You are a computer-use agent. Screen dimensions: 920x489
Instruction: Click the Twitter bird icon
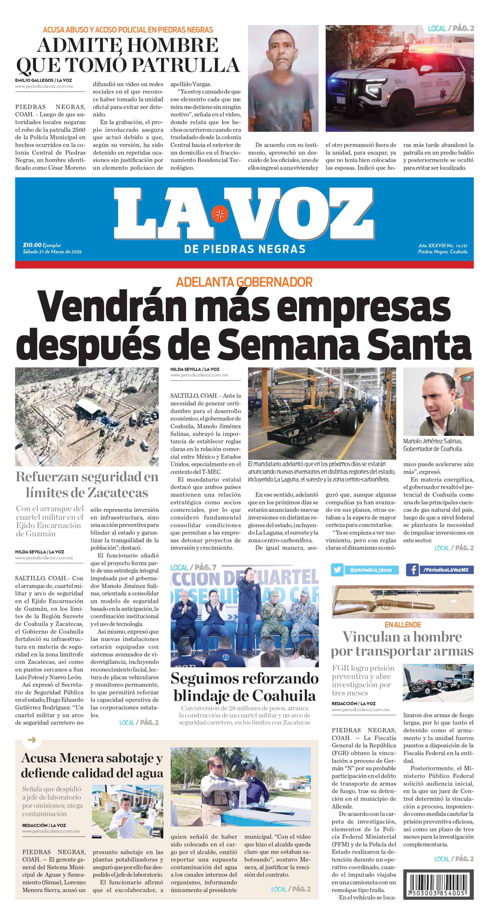(x=337, y=569)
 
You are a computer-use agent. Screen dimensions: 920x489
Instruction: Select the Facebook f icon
(x=412, y=569)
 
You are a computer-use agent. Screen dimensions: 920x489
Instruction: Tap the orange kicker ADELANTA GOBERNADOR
(x=244, y=282)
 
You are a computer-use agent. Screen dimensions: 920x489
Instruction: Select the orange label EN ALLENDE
(x=403, y=625)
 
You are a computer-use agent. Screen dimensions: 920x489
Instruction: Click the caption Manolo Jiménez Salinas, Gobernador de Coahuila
(x=433, y=445)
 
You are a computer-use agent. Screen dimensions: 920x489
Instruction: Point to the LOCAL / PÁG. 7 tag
(x=193, y=567)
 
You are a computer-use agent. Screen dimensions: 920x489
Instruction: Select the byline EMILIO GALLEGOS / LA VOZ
(x=43, y=80)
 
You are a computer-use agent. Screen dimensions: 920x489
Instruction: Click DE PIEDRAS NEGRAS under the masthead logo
(x=244, y=249)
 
